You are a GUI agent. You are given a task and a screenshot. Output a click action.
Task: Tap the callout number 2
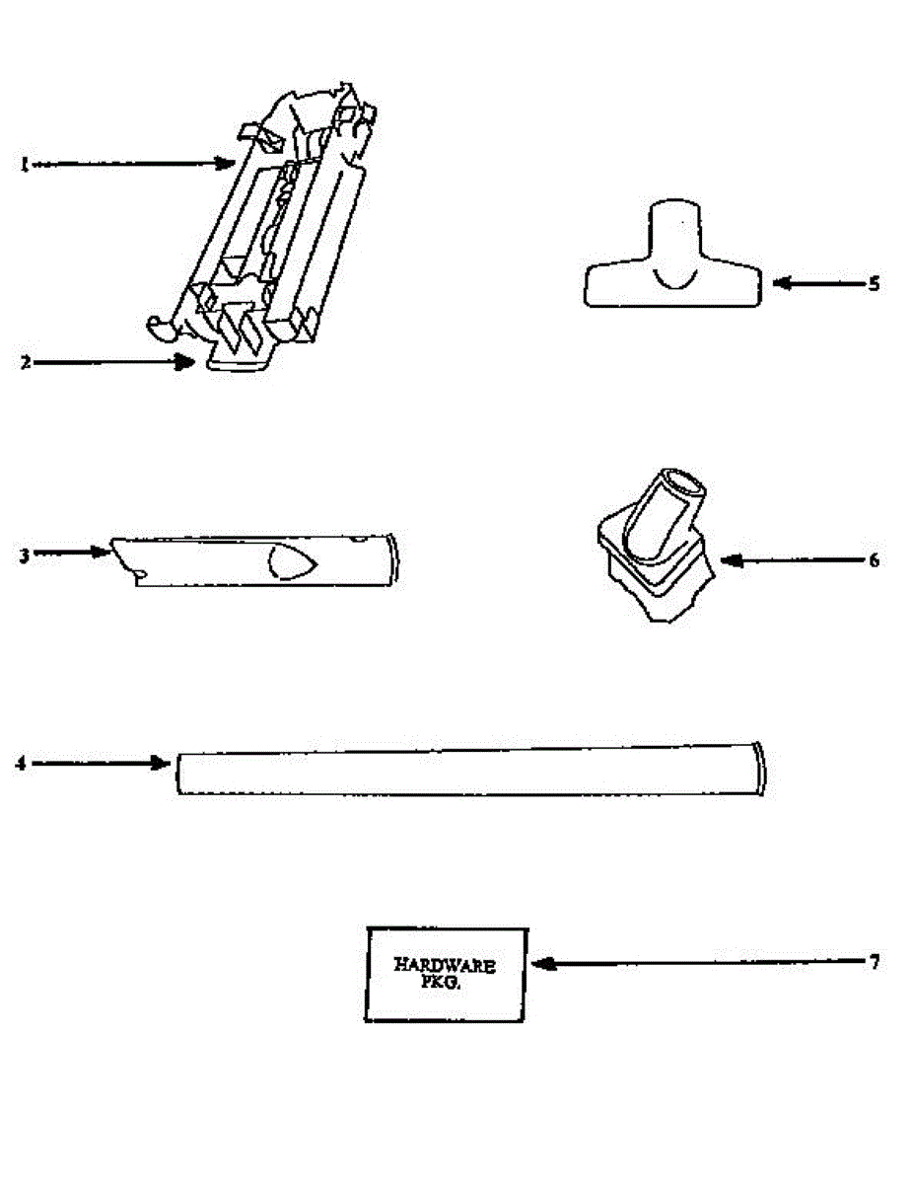[x=26, y=362]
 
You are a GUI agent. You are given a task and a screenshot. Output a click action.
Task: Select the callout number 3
[x=24, y=554]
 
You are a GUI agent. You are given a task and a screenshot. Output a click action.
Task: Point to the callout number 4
[x=21, y=763]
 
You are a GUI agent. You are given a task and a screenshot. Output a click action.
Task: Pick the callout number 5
[x=874, y=284]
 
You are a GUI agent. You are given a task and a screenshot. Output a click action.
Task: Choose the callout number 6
[x=874, y=560]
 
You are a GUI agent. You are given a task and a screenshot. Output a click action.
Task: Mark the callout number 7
[x=874, y=962]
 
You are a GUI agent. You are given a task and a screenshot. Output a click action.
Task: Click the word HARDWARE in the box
[x=445, y=966]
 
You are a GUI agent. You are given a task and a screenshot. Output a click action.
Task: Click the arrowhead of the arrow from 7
[x=540, y=963]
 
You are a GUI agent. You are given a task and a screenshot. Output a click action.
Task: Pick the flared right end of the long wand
[x=757, y=768]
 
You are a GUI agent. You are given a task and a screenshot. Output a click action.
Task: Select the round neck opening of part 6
[x=682, y=483]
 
